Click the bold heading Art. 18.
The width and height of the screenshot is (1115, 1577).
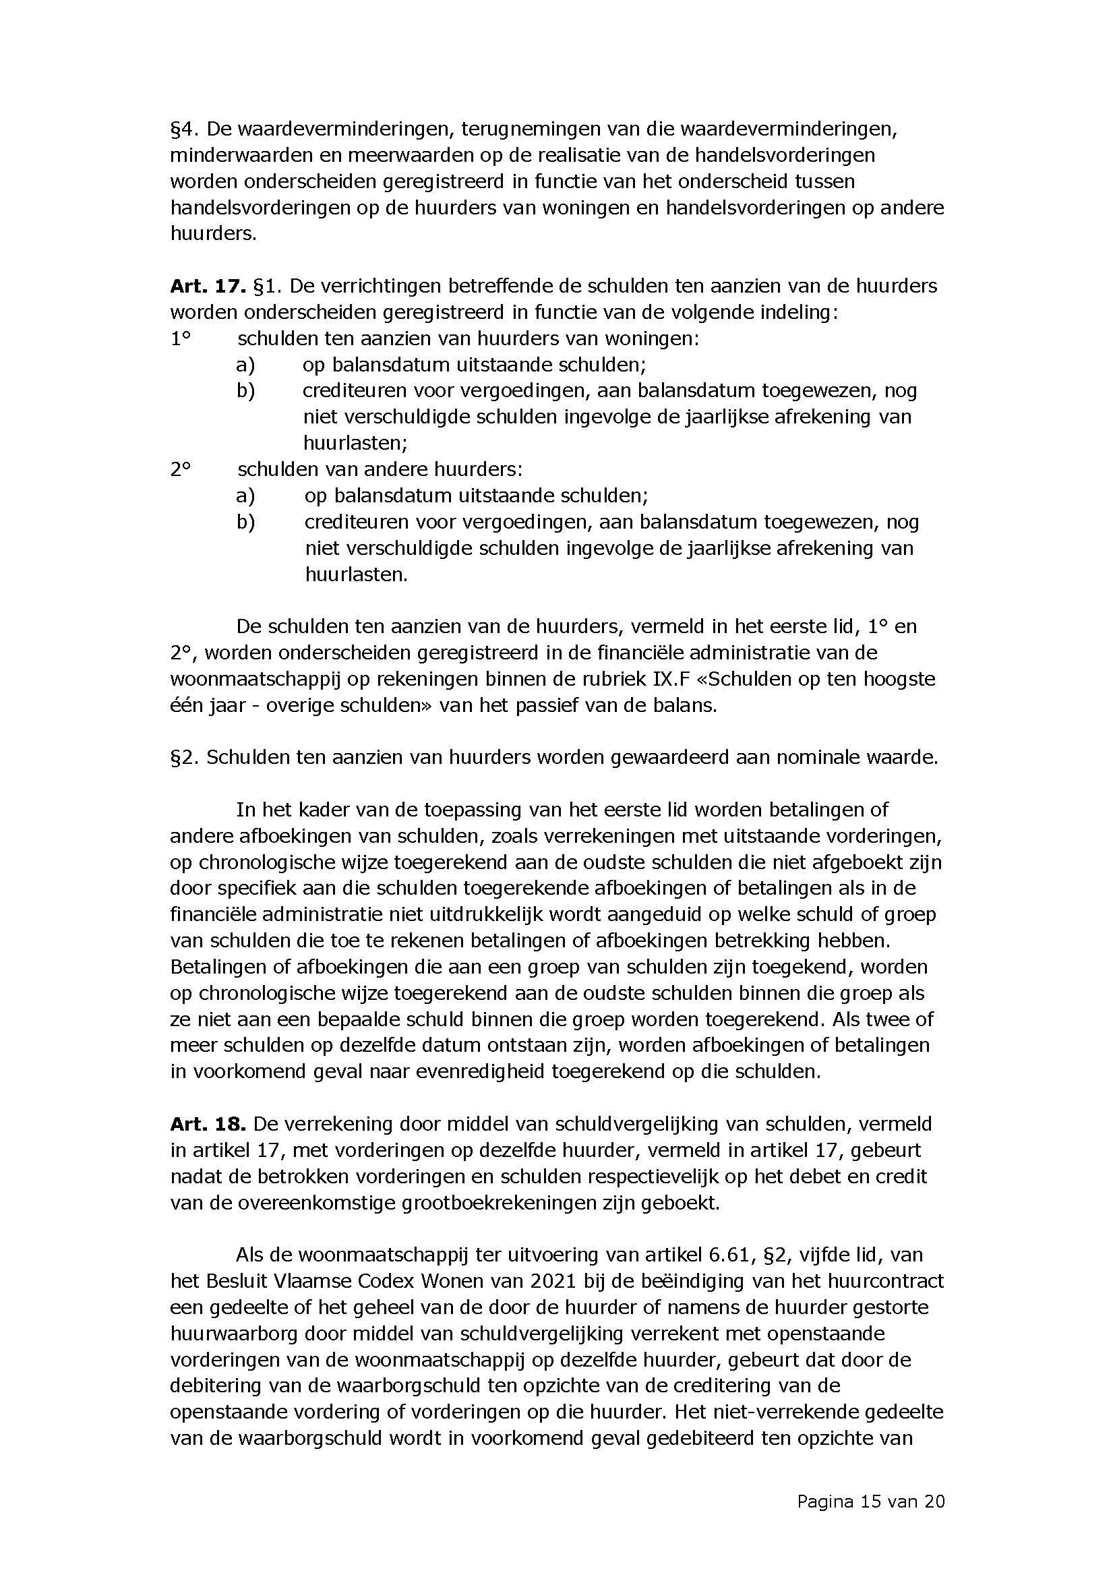pyautogui.click(x=208, y=1124)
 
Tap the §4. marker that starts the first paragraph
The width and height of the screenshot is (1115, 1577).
pyautogui.click(x=184, y=129)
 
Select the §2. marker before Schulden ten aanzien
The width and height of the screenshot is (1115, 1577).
pyautogui.click(x=184, y=757)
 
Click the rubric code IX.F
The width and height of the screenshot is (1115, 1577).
pyautogui.click(x=661, y=679)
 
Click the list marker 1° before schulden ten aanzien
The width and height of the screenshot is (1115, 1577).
pyautogui.click(x=180, y=338)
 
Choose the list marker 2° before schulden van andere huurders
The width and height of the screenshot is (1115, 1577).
pyautogui.click(x=180, y=469)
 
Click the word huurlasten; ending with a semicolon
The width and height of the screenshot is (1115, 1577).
pyautogui.click(x=355, y=443)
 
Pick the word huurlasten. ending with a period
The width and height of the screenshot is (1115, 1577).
pyautogui.click(x=357, y=574)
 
